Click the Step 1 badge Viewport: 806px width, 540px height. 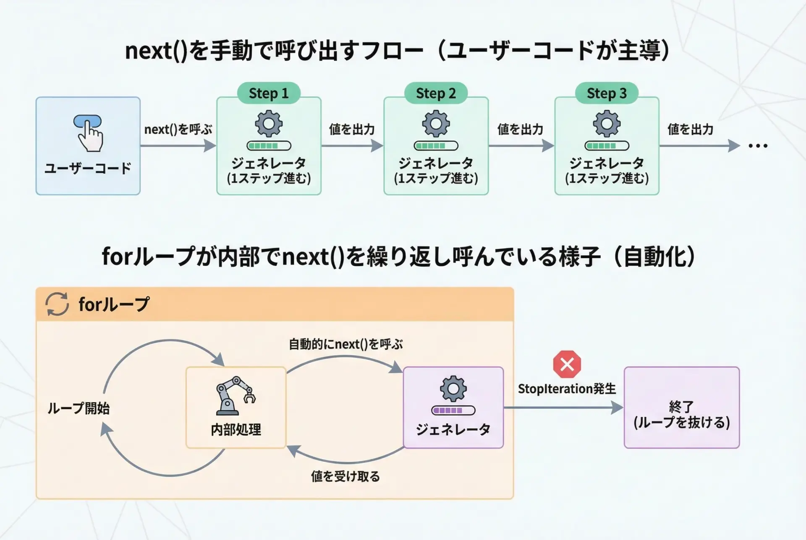pos(269,93)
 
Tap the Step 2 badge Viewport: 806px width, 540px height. pos(436,93)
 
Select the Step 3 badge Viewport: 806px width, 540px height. pos(607,93)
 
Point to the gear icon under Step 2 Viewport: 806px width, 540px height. pos(436,123)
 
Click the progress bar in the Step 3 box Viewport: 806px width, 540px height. pos(607,146)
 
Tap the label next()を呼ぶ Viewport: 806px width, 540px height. pos(178,130)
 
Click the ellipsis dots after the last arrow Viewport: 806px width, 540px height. pos(758,146)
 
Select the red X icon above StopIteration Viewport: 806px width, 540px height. pos(567,364)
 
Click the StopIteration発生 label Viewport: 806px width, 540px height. pos(567,389)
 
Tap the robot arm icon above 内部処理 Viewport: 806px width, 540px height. pos(235,395)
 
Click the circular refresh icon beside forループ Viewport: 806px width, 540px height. pos(57,304)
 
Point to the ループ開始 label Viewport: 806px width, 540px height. pos(79,408)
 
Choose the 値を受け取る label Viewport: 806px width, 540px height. pos(345,476)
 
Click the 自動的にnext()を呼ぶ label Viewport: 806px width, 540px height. pos(345,344)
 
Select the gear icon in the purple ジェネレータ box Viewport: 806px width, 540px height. pos(453,389)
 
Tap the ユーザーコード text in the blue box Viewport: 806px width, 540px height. pos(88,169)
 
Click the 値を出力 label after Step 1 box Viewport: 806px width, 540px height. pos(352,130)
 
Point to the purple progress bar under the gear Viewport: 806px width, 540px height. pos(453,410)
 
